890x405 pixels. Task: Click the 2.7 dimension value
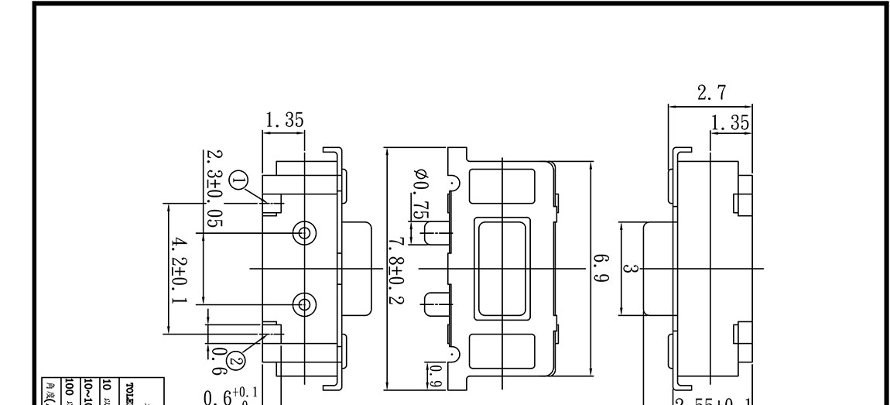tap(711, 94)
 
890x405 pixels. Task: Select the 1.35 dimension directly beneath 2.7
tap(731, 122)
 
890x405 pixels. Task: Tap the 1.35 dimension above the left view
tap(284, 120)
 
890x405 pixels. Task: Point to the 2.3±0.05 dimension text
tap(213, 188)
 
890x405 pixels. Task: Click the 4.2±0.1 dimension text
tap(176, 269)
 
